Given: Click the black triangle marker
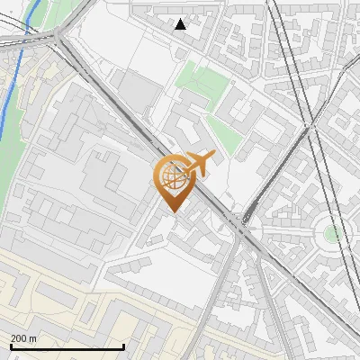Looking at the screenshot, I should (181, 24).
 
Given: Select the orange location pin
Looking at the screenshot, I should (171, 181).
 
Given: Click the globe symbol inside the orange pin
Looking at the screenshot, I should (171, 175).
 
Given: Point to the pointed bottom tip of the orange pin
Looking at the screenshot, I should (171, 211).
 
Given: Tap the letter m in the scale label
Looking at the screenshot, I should (34, 338).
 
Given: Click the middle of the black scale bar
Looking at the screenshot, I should (67, 347).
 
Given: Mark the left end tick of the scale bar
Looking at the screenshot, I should (10, 346).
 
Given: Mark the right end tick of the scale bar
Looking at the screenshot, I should (123, 346).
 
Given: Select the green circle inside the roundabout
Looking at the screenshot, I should (332, 234).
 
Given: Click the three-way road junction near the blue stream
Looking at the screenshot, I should (60, 36).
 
